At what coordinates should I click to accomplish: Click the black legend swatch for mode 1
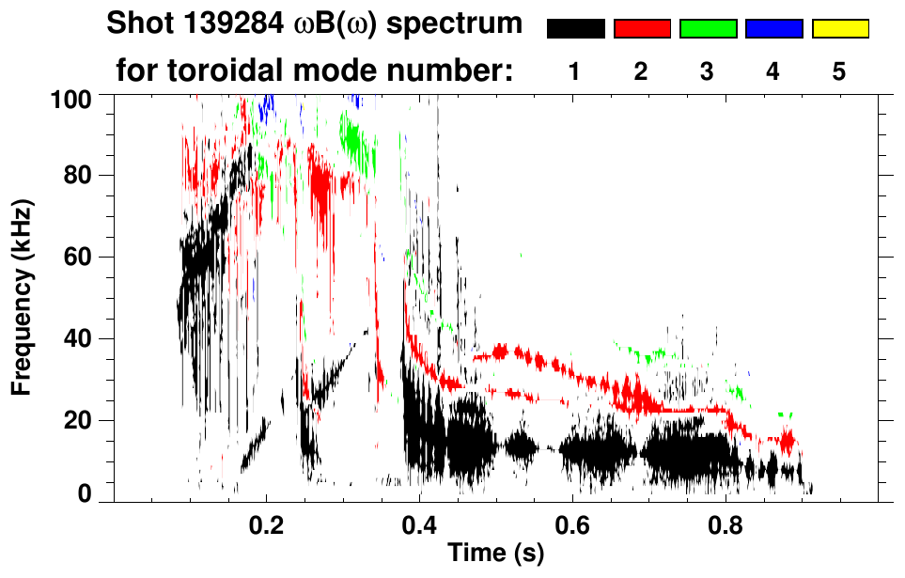[575, 29]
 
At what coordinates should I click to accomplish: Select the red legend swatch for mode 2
[641, 29]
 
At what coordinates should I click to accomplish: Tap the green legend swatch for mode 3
[708, 29]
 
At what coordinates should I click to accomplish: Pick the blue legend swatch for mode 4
[773, 29]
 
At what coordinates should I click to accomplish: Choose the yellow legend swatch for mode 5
[839, 29]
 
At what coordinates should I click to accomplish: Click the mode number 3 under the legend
[708, 71]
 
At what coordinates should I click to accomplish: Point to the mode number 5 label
[839, 71]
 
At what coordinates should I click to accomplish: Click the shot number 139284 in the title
[228, 23]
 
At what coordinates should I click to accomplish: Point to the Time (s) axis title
[495, 554]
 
